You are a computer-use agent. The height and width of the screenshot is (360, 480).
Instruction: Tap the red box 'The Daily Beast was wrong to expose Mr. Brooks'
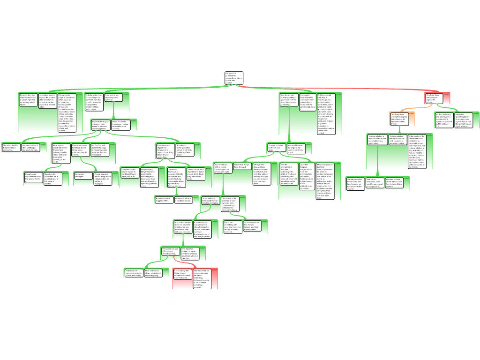(433, 97)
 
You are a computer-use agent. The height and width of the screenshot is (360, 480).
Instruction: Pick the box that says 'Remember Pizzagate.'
(83, 175)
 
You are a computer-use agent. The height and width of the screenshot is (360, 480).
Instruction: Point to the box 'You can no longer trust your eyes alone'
(276, 148)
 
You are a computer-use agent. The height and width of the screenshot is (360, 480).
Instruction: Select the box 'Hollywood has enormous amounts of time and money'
(133, 273)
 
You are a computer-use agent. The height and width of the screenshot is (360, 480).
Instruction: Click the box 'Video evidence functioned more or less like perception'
(210, 201)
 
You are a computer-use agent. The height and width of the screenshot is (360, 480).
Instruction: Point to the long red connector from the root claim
(337, 88)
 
